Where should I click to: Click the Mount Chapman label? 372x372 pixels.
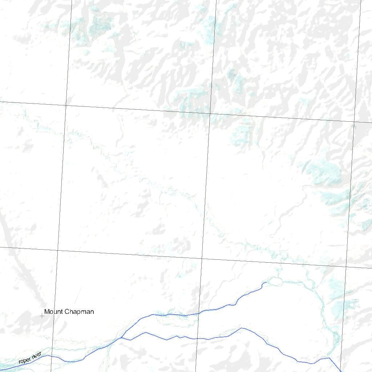[69, 312]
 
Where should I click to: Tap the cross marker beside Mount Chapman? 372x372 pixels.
[42, 316]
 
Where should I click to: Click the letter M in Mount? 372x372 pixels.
[46, 312]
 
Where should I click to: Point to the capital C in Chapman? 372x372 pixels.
[66, 312]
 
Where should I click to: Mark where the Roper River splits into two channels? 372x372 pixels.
[121, 337]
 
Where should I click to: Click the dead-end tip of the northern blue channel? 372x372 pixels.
[266, 282]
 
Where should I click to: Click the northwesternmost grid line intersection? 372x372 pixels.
[66, 105]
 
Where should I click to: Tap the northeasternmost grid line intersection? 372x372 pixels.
[354, 122]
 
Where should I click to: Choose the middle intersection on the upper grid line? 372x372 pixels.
[210, 113]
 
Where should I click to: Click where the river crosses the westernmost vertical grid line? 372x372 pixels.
[51, 356]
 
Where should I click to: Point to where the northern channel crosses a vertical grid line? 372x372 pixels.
[198, 313]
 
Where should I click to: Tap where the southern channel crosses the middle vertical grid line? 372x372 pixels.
[197, 339]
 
